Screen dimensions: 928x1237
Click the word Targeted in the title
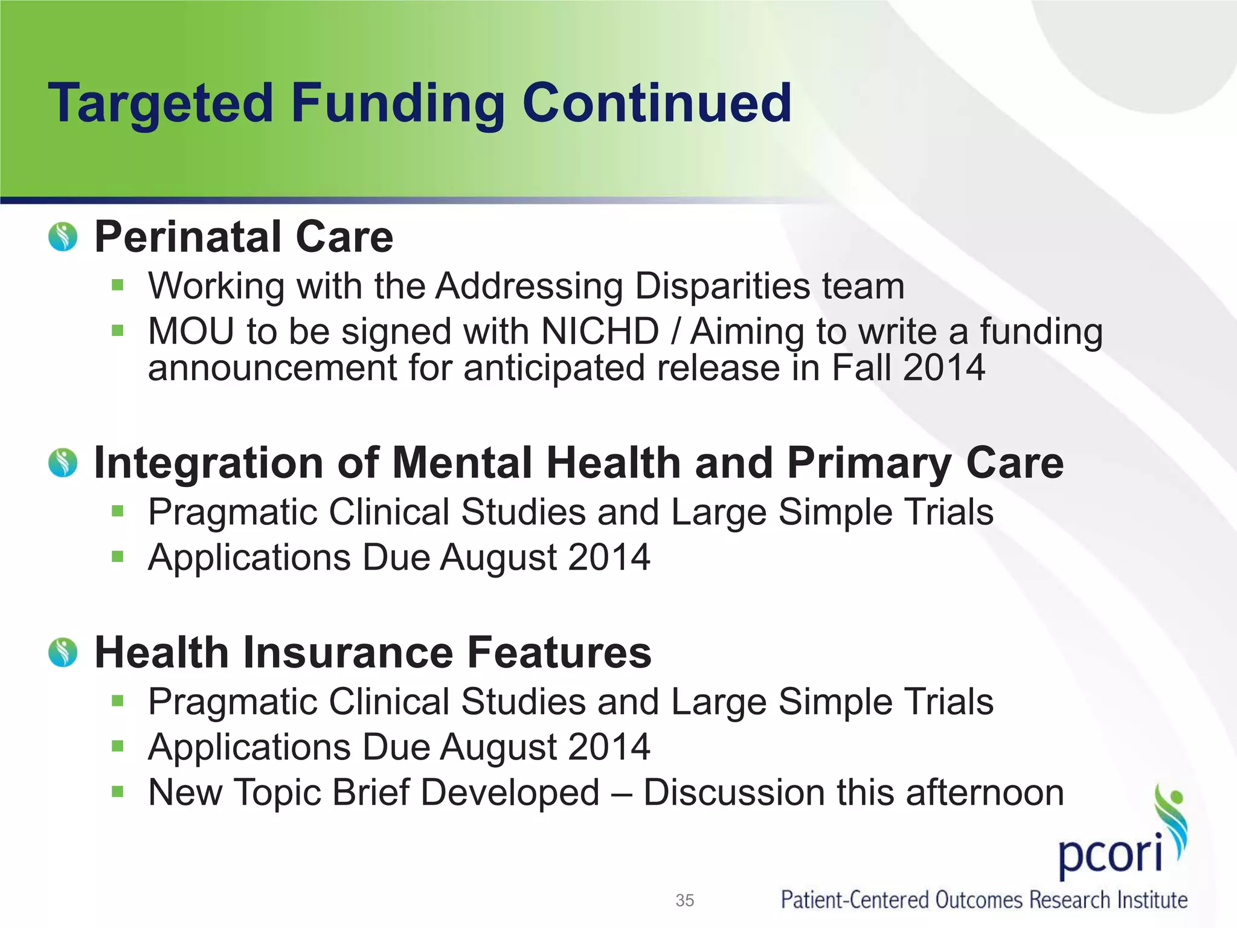tap(161, 104)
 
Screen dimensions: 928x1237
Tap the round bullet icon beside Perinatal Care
tap(63, 237)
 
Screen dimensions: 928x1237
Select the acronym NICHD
tap(600, 332)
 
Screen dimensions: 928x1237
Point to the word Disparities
tap(722, 286)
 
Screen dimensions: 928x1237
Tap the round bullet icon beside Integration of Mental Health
tap(63, 463)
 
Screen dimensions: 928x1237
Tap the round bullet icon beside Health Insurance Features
tap(63, 652)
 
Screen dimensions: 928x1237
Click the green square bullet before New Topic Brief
tap(117, 791)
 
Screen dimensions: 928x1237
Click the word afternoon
tap(985, 793)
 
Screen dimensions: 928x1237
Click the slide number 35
tap(684, 900)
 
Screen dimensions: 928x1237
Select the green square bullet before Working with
tap(117, 285)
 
